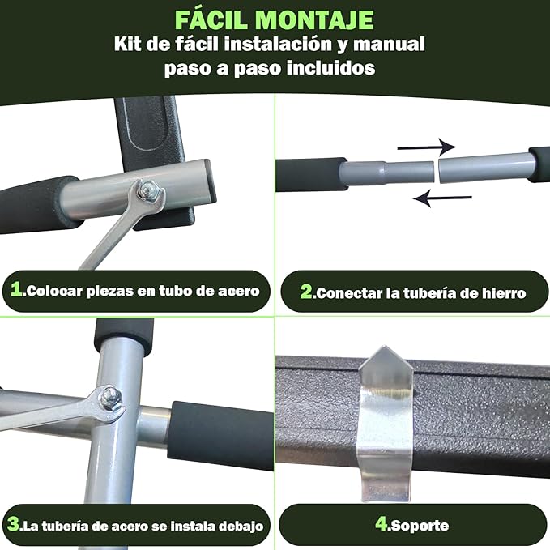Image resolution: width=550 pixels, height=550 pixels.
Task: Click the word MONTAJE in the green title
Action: click(314, 20)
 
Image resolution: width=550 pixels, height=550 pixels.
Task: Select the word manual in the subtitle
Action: click(389, 44)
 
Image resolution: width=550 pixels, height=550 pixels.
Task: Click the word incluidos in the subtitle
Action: click(330, 67)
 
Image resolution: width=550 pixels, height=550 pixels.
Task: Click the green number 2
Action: click(306, 292)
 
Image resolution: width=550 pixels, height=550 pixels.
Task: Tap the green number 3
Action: click(14, 524)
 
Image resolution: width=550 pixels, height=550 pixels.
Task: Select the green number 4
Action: click(382, 524)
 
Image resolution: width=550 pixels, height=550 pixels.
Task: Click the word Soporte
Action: click(420, 526)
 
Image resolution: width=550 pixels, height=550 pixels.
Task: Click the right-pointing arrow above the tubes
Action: click(427, 147)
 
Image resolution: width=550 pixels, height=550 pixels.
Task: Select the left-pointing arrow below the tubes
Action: click(442, 198)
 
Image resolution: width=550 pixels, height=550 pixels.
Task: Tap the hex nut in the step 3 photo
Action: click(110, 397)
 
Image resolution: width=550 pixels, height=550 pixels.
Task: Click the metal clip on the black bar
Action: click(385, 423)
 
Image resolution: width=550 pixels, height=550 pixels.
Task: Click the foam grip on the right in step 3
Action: click(221, 435)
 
